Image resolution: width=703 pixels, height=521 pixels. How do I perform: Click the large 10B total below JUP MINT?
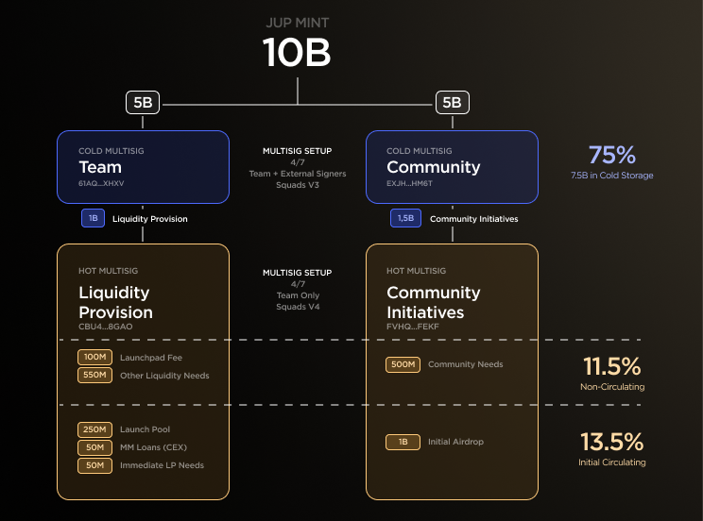point(297,53)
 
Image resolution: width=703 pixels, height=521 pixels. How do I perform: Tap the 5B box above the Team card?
point(143,103)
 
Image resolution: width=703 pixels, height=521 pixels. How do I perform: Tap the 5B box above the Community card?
point(452,103)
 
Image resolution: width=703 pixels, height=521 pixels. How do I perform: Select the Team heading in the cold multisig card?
point(100,167)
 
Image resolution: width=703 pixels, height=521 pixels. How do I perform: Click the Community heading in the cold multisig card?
point(433,167)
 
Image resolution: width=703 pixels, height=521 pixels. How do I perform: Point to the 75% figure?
point(611,156)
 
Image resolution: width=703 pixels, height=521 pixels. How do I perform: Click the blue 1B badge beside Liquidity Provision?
point(93,219)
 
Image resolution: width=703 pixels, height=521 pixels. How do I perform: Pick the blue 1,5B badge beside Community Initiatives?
point(405,219)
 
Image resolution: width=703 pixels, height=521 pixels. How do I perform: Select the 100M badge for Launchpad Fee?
point(94,358)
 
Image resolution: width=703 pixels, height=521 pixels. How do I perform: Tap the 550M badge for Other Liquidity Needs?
point(94,376)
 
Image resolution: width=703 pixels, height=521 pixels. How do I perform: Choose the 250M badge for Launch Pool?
point(94,429)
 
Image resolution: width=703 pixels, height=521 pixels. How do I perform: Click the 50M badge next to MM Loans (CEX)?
point(94,447)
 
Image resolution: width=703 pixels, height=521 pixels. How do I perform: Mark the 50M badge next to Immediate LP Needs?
point(94,465)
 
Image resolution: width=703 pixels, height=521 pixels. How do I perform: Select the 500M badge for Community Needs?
point(403,364)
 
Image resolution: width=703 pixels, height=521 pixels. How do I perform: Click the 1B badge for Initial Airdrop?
point(403,442)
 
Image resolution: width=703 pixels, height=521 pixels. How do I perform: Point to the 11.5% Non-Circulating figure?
point(611,366)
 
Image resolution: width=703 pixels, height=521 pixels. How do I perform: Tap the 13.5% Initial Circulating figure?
point(611,442)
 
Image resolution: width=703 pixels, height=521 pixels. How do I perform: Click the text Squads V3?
point(297,185)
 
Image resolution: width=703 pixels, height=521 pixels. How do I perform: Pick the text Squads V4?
point(297,307)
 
